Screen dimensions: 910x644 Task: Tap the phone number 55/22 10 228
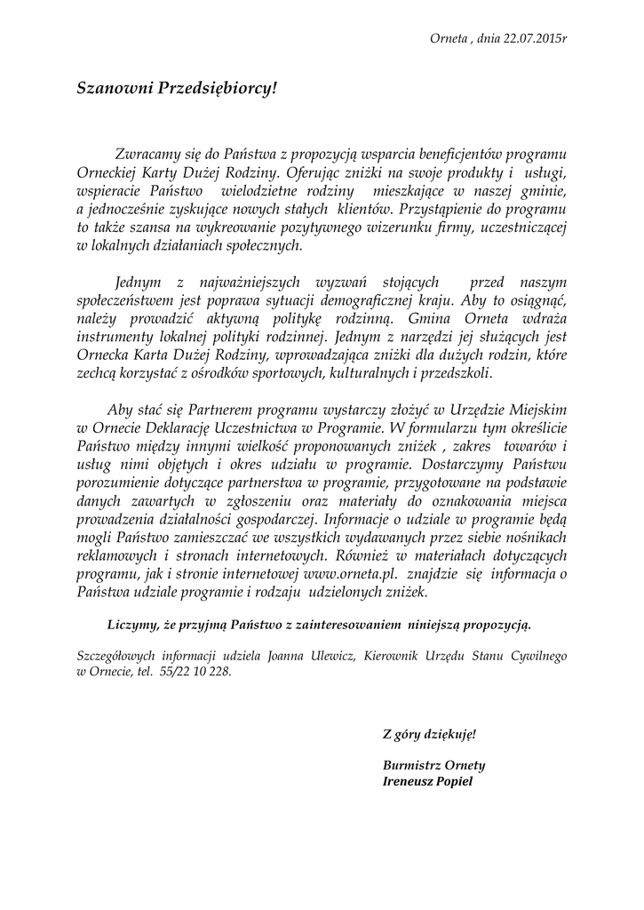pos(195,673)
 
